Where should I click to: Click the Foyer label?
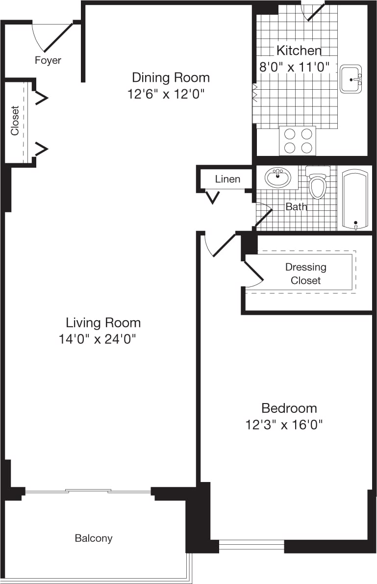[48, 60]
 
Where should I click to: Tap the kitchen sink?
[351, 78]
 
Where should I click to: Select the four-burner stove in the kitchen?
[298, 141]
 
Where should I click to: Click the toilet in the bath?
[318, 183]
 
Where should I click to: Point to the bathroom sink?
[278, 177]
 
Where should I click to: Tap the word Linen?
[227, 179]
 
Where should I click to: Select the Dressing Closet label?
[305, 274]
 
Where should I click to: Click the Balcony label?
[94, 538]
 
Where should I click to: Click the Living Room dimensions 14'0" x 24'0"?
[97, 339]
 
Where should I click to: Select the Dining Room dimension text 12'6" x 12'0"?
[166, 94]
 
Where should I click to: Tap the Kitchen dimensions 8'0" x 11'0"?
[293, 67]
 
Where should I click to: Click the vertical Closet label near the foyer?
[15, 121]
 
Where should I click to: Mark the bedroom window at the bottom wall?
[251, 545]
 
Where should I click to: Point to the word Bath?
[296, 206]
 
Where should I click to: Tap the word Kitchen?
[299, 50]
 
